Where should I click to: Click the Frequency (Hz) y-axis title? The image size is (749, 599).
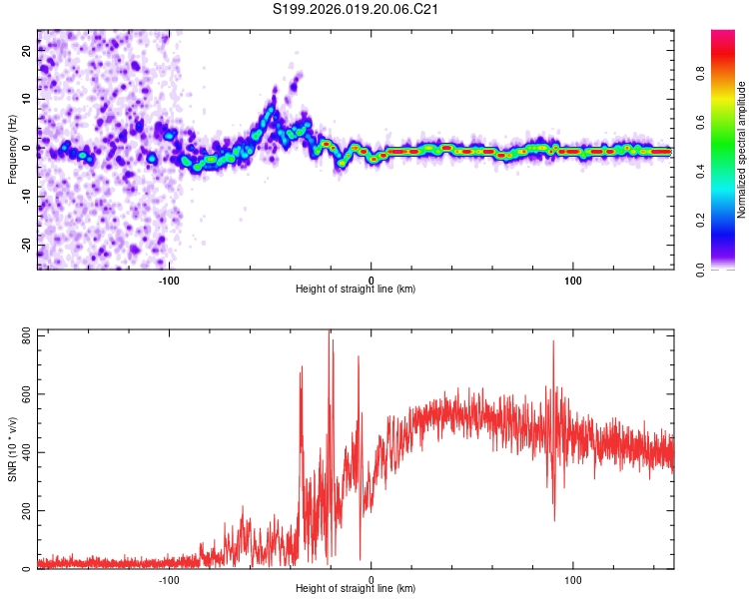[x=13, y=150]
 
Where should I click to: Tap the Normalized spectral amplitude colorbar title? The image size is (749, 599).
[x=742, y=150]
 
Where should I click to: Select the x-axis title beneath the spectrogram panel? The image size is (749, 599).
[x=356, y=289]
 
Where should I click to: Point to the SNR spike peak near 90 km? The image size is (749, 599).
[x=552, y=342]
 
